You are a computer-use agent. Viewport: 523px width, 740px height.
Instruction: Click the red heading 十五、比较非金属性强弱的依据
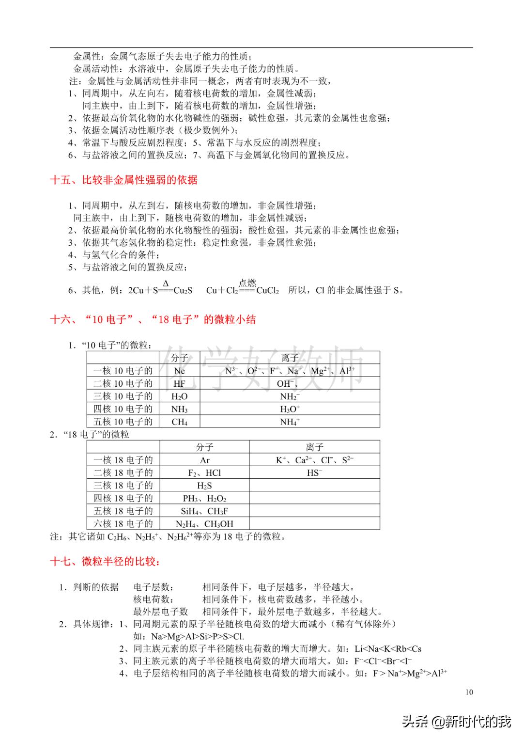(x=123, y=180)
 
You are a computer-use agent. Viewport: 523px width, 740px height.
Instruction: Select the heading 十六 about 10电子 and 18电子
(x=153, y=319)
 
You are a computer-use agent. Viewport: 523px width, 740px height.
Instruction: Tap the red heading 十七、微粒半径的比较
(x=105, y=562)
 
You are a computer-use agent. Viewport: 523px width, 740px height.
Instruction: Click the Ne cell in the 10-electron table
(x=179, y=371)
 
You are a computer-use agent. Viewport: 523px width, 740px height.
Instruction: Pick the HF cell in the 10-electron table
(x=179, y=383)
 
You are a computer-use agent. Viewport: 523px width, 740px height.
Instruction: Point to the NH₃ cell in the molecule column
(x=179, y=409)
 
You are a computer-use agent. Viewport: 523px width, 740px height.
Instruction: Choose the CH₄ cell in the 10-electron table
(x=179, y=422)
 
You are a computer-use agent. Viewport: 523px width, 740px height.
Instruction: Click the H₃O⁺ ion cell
(x=290, y=409)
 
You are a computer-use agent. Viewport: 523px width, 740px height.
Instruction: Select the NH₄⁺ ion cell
(x=290, y=422)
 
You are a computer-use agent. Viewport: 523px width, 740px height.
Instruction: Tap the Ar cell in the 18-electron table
(x=204, y=460)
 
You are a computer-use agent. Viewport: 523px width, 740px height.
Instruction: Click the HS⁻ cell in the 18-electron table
(x=314, y=472)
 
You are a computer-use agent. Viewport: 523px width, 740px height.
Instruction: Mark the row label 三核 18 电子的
(x=123, y=485)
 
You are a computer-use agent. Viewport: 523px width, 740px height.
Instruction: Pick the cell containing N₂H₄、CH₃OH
(x=204, y=523)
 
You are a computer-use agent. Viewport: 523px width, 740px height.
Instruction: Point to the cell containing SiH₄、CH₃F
(x=204, y=511)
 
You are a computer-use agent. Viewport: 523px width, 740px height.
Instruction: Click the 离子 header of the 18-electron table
(x=314, y=447)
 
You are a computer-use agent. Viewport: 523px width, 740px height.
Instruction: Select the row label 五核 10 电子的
(x=123, y=422)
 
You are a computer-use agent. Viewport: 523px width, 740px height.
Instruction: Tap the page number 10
(x=469, y=692)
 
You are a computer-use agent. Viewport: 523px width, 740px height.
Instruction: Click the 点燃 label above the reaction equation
(x=247, y=283)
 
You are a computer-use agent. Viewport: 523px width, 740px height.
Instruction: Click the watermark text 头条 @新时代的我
(x=457, y=722)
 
